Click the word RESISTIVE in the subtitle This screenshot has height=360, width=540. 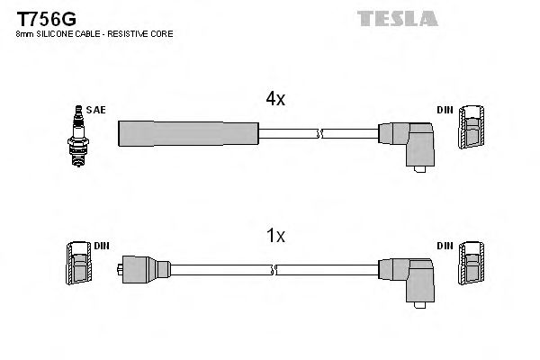click(x=133, y=33)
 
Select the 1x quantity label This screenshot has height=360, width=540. click(x=275, y=237)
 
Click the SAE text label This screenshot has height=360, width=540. click(x=97, y=110)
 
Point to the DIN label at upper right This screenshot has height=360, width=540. click(x=445, y=110)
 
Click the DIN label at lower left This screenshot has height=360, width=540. click(x=102, y=245)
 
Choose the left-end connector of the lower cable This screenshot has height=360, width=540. click(x=144, y=268)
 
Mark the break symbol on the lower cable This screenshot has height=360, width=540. click(x=275, y=269)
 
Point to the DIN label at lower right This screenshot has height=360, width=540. click(x=445, y=245)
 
